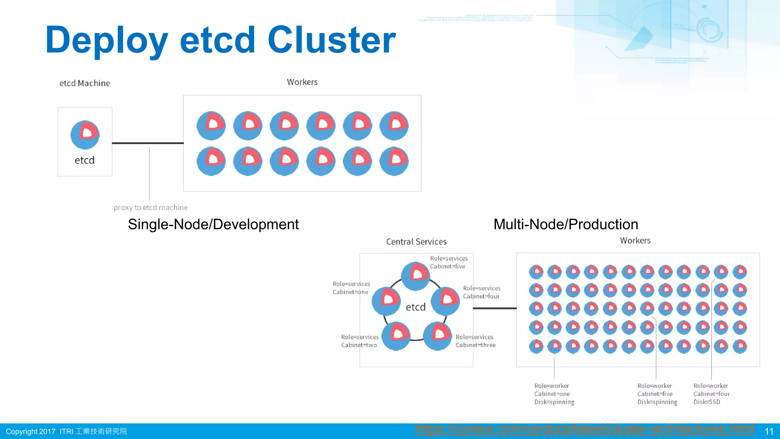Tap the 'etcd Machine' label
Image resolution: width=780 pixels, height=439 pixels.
pos(85,83)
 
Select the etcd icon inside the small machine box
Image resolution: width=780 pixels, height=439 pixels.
pos(85,135)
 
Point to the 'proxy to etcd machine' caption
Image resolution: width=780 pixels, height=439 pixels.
pos(150,208)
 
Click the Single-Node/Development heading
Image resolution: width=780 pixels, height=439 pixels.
pos(213,224)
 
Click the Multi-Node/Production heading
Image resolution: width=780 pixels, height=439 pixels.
pos(566,224)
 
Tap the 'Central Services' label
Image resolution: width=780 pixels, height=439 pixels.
pos(416,242)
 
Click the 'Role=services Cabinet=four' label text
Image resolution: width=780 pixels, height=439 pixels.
pos(481,292)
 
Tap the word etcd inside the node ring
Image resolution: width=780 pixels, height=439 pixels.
pos(416,307)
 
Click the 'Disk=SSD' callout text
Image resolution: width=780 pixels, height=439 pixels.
pos(706,402)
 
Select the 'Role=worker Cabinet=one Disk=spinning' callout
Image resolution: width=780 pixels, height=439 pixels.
pos(554,394)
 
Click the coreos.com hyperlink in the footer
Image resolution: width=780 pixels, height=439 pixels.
pos(584,429)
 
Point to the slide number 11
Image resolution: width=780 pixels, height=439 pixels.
pos(769,431)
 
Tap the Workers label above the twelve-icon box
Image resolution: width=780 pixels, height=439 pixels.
pos(302,82)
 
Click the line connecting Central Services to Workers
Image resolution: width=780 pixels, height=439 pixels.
pos(494,308)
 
